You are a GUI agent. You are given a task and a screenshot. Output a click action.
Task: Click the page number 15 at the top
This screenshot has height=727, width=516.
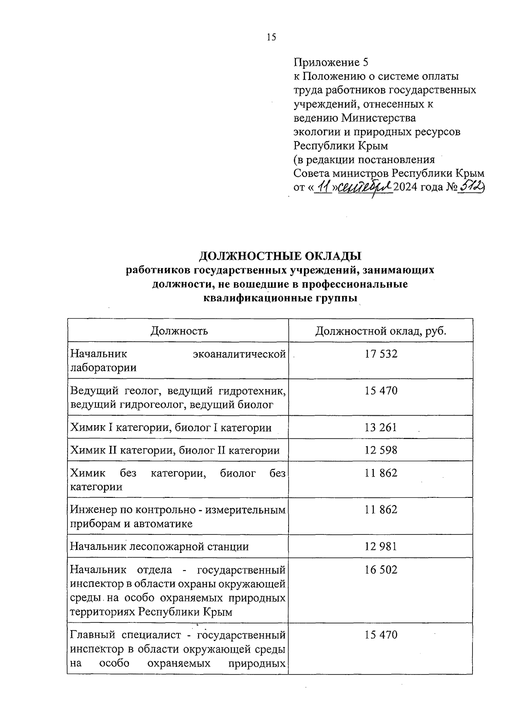[x=271, y=37]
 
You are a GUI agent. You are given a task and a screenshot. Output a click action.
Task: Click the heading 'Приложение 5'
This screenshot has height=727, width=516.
[x=331, y=62]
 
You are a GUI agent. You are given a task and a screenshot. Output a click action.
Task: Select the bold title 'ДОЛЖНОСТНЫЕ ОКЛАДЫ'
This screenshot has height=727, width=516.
[x=280, y=256]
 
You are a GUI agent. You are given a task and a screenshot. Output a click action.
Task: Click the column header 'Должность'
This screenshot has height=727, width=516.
[x=179, y=331]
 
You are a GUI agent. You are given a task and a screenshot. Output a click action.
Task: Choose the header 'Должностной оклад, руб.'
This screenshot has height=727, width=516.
[x=381, y=331]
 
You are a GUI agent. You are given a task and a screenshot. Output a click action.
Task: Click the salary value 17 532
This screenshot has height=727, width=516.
[x=381, y=354]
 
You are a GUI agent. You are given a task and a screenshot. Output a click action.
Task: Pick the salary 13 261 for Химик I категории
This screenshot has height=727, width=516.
[x=381, y=427]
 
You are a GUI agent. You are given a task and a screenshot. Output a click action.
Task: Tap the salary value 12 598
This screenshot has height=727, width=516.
[x=381, y=450]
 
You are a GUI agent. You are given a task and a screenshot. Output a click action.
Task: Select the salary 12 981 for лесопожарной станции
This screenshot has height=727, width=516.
[x=381, y=546]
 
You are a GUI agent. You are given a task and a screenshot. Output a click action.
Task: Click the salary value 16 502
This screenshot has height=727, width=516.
[x=381, y=570]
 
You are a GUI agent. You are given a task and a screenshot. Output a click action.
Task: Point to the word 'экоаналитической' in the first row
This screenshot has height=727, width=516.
[x=239, y=354]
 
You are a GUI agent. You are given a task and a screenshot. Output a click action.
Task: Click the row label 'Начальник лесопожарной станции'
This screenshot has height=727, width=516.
[x=160, y=547]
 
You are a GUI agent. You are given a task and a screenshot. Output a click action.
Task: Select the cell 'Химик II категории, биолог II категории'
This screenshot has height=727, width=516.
[x=175, y=451]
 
